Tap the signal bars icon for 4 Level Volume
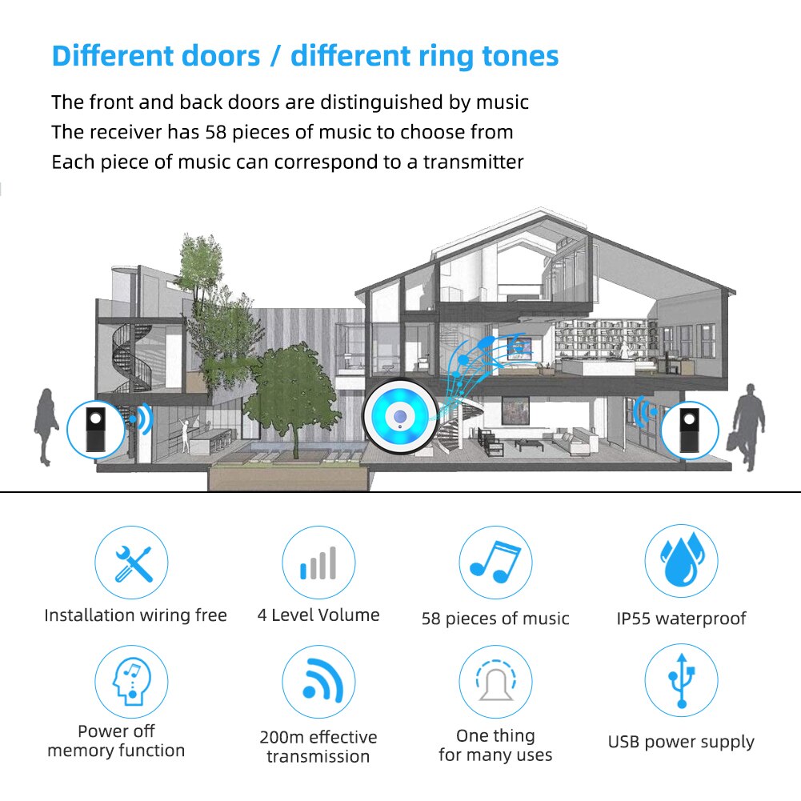click(x=318, y=563)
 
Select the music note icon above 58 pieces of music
click(x=495, y=562)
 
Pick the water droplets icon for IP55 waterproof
click(x=682, y=560)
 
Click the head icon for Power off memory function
click(x=131, y=682)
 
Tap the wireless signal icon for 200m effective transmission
click(x=322, y=680)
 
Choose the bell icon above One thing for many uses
click(x=495, y=680)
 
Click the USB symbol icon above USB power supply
click(x=682, y=680)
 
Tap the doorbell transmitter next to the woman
click(x=95, y=429)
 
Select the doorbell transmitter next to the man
click(x=690, y=431)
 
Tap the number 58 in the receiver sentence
click(x=215, y=132)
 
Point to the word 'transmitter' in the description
click(x=473, y=162)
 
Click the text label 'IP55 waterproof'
click(x=682, y=619)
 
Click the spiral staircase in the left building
click(x=132, y=358)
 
